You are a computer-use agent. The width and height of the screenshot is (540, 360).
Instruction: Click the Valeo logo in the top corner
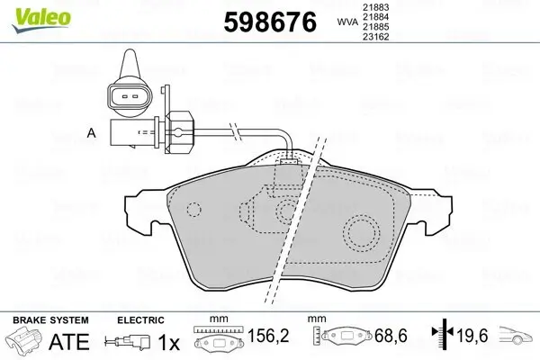(x=27, y=12)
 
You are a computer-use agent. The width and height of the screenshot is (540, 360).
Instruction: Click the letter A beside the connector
(x=90, y=134)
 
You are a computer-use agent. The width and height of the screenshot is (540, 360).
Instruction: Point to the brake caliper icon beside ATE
(x=23, y=343)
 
